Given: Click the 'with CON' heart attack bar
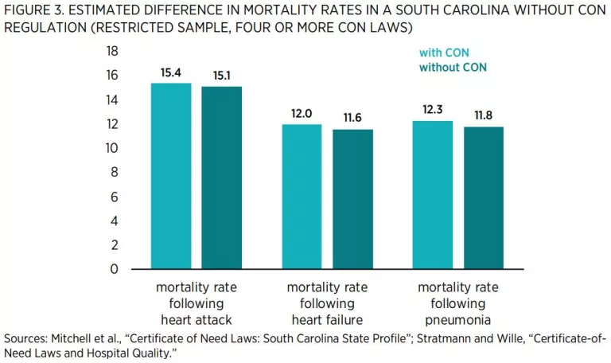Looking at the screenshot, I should click(x=171, y=176).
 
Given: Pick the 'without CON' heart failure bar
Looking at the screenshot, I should click(x=353, y=199).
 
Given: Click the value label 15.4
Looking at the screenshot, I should click(x=171, y=72).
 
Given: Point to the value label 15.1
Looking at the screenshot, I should click(x=221, y=76).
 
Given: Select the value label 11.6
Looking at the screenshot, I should click(x=353, y=118).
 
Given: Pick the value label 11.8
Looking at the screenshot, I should click(x=484, y=115).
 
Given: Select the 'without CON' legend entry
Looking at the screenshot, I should click(x=453, y=68).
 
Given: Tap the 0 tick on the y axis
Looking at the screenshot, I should click(x=115, y=269).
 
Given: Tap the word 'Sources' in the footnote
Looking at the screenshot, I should click(x=25, y=338).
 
